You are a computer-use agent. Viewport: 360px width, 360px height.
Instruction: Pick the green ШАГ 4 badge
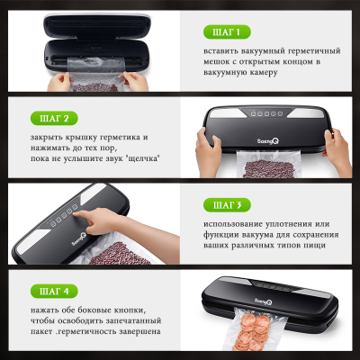coord(55,292)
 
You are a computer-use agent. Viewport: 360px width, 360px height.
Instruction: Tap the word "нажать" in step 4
coord(47,310)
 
